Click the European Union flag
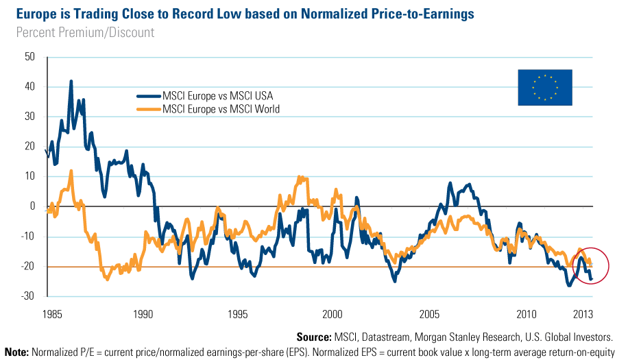point(544,87)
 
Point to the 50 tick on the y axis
point(29,57)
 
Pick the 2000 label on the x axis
point(332,315)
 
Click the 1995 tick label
point(237,315)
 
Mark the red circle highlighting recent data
point(589,264)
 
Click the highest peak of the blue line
point(71,81)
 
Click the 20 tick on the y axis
point(29,146)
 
